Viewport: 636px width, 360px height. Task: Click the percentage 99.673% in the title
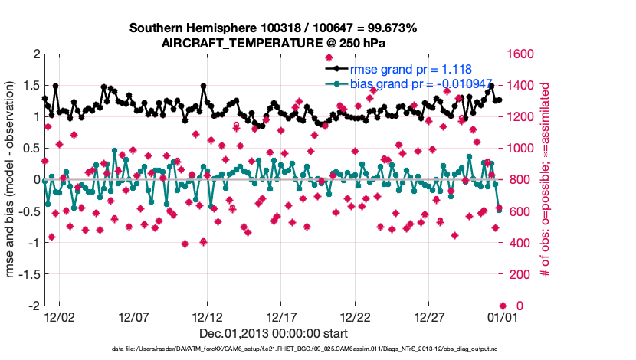(388, 28)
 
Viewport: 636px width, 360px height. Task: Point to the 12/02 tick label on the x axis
(59, 316)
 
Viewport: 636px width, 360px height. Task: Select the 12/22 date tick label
(356, 316)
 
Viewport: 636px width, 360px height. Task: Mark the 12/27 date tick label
(429, 316)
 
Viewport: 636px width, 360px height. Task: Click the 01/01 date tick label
(502, 316)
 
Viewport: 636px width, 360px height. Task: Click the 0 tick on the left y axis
(36, 179)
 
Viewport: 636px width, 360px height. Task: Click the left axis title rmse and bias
(11, 179)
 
